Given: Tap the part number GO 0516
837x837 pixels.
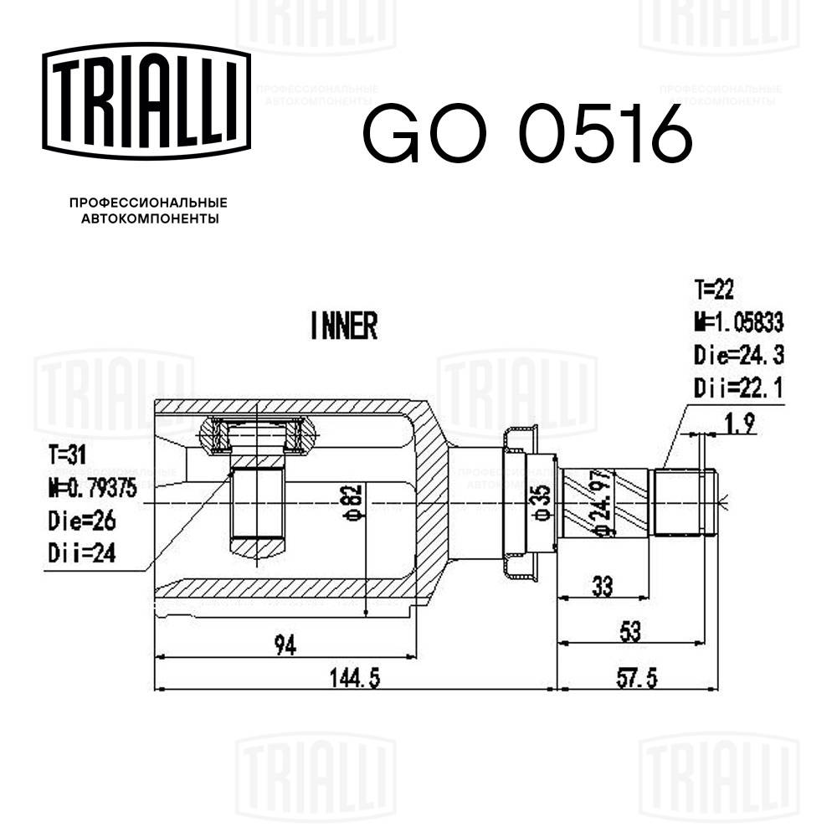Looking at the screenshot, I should [x=526, y=134].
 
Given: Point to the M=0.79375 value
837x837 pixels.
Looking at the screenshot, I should [x=93, y=487].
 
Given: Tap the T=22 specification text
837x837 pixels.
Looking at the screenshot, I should [x=714, y=290].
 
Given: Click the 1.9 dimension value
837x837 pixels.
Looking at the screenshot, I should [x=739, y=424].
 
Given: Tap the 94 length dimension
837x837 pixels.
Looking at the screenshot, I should [x=287, y=644].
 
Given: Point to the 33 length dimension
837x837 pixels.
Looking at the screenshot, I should [x=601, y=587].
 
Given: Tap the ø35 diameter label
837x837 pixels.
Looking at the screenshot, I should [x=543, y=503].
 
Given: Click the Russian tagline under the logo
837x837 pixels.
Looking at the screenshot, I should [x=148, y=211].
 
